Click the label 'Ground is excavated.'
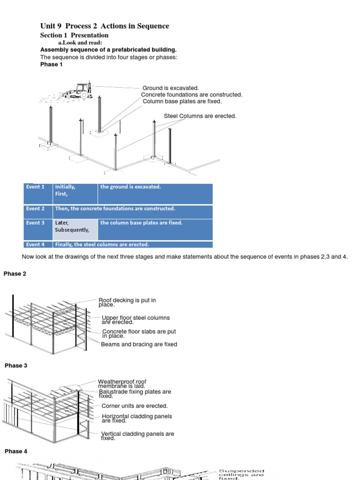tap(171, 88)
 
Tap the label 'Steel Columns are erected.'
tap(200, 116)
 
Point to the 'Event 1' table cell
tap(36, 187)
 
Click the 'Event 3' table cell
tap(36, 223)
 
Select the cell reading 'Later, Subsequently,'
tap(72, 226)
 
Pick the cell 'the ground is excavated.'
tap(130, 187)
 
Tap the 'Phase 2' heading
tap(15, 274)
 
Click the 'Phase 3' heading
tap(16, 366)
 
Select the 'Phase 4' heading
tap(16, 451)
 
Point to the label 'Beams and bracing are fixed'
tap(139, 345)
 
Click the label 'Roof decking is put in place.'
tap(127, 302)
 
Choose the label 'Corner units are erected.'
tap(135, 406)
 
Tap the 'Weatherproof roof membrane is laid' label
tap(122, 384)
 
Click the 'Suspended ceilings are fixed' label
tap(241, 474)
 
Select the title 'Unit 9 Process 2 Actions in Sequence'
tap(105, 26)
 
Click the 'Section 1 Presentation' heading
tap(74, 36)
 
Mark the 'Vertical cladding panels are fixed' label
tap(137, 436)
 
